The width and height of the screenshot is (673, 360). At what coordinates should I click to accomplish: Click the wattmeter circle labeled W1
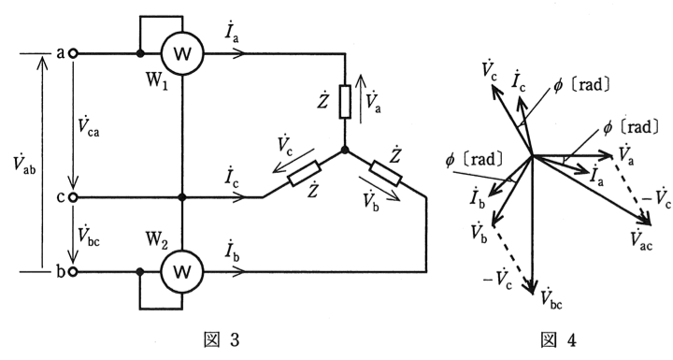[x=182, y=53]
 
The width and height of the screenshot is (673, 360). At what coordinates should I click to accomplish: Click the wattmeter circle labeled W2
[x=182, y=271]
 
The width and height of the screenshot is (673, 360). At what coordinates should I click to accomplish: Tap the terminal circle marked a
[x=74, y=53]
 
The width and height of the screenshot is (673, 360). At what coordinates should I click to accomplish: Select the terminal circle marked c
[x=74, y=197]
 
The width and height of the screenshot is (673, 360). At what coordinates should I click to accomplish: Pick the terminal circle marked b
[x=74, y=271]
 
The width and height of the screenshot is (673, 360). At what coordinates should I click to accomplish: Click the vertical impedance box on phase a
[x=345, y=101]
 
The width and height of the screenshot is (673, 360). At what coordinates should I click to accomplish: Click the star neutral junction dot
[x=345, y=150]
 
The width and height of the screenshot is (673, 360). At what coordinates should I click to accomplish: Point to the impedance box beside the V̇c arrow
[x=305, y=173]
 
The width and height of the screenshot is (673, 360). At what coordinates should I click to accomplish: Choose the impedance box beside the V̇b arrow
[x=385, y=173]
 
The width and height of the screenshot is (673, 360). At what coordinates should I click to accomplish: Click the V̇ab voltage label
[x=24, y=164]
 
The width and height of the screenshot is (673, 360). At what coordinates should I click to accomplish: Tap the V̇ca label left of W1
[x=89, y=125]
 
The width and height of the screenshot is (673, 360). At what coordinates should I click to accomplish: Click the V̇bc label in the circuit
[x=89, y=235]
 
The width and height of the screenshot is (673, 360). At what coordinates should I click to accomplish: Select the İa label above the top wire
[x=232, y=32]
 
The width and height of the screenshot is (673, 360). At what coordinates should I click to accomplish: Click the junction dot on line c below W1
[x=182, y=197]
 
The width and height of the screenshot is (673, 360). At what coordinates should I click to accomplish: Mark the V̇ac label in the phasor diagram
[x=641, y=240]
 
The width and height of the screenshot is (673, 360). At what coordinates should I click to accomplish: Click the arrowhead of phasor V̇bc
[x=533, y=288]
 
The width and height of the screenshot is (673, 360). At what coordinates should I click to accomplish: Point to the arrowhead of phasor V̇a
[x=606, y=155]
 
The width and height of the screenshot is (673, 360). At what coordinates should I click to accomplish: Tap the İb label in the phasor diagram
[x=478, y=198]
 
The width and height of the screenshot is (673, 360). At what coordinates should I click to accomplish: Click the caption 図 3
[x=221, y=340]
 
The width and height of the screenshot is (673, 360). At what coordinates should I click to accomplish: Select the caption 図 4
[x=558, y=340]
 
